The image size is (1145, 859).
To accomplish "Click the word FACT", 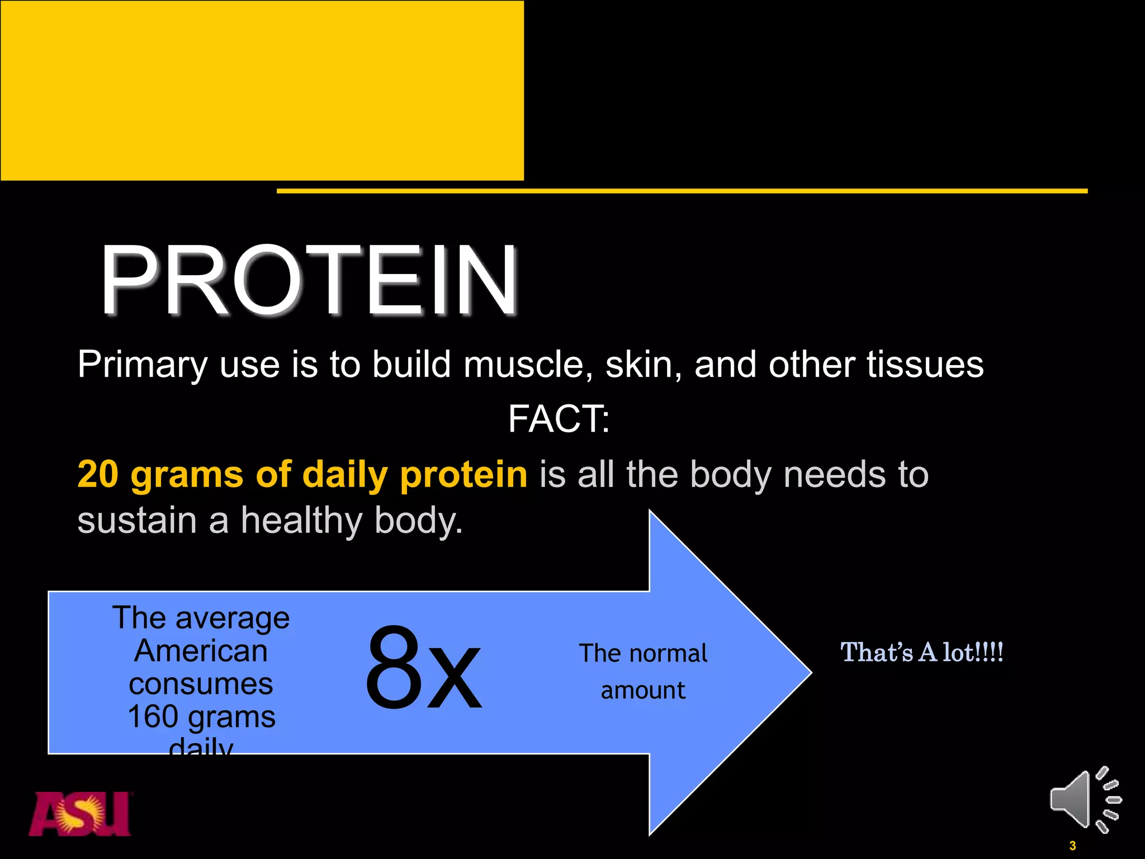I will click(556, 419).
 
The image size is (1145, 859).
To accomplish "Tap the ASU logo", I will click(80, 814).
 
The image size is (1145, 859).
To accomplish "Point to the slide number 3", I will click(1072, 846).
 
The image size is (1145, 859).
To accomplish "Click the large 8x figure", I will click(423, 669).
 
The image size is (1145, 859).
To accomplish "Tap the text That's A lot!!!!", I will click(922, 652).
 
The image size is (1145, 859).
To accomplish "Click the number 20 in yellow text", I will click(98, 474).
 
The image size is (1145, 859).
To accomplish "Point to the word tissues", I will click(925, 365).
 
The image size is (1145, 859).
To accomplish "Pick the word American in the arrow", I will click(201, 651).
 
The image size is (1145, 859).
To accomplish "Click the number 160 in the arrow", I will click(153, 716).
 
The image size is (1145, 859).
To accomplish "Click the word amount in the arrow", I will click(643, 690).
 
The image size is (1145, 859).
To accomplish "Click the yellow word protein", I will click(463, 474).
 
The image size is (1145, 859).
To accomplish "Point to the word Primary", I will click(142, 365).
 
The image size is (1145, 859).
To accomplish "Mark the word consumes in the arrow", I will click(201, 684).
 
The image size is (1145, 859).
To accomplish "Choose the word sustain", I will click(136, 520).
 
